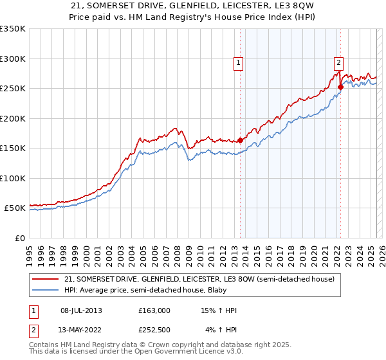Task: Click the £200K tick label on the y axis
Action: [13, 118]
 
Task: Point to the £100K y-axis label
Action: [13, 178]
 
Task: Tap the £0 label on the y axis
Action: [19, 238]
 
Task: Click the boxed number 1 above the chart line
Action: [239, 62]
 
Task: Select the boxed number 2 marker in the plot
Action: [338, 62]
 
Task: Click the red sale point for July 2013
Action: [240, 140]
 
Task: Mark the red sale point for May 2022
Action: [340, 87]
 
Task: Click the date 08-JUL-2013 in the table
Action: [80, 310]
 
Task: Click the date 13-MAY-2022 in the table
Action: [80, 331]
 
